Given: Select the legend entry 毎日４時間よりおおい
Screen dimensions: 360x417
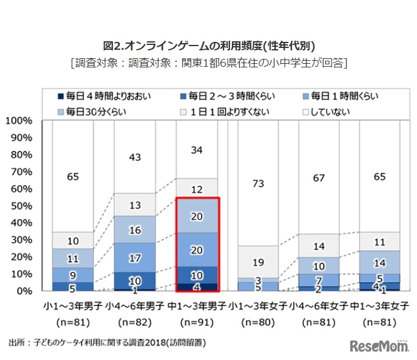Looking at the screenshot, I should (104, 96).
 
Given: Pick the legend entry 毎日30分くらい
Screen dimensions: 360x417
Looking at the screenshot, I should (97, 112).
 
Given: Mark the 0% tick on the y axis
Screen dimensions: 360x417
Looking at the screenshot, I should (23, 291).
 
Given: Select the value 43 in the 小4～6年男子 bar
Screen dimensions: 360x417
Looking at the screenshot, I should (135, 157).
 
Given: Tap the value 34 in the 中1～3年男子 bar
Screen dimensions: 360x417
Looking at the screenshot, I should (197, 149).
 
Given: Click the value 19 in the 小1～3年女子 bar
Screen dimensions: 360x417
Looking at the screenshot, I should (258, 262).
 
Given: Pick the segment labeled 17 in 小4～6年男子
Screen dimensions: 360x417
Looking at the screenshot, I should (135, 257).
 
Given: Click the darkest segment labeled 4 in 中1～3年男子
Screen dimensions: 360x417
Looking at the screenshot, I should (197, 287).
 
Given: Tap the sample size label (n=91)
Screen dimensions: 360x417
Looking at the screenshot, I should (197, 320).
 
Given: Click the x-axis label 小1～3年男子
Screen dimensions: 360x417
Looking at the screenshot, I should (73, 304).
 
